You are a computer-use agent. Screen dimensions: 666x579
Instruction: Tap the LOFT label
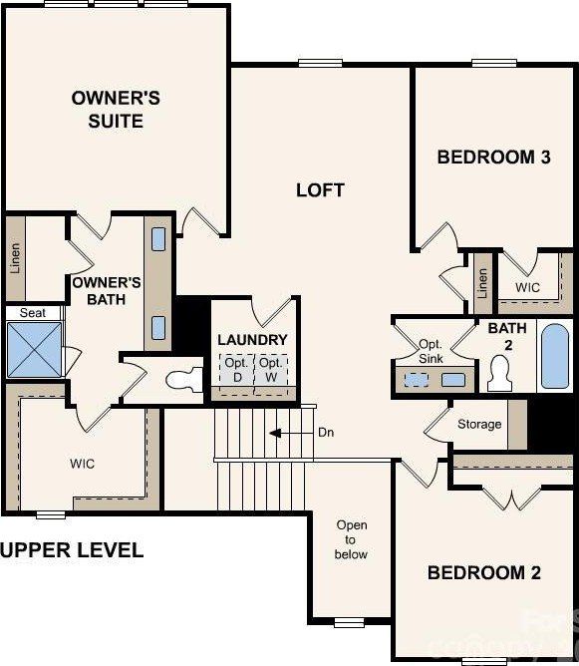(320, 189)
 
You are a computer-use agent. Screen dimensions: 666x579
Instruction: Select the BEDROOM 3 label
(493, 157)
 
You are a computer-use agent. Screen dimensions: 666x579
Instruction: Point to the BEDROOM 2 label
(483, 572)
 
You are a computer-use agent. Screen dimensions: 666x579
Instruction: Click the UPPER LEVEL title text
(72, 549)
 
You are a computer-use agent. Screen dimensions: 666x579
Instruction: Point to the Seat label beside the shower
(32, 313)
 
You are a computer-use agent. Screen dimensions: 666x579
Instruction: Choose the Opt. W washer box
(270, 371)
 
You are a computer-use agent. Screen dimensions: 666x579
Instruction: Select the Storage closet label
(479, 425)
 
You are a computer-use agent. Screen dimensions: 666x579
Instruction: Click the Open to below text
(351, 539)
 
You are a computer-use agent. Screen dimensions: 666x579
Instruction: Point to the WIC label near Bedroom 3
(528, 286)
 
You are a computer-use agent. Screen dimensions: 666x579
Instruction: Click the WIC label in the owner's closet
(83, 464)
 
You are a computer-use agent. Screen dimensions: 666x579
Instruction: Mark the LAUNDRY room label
(252, 340)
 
